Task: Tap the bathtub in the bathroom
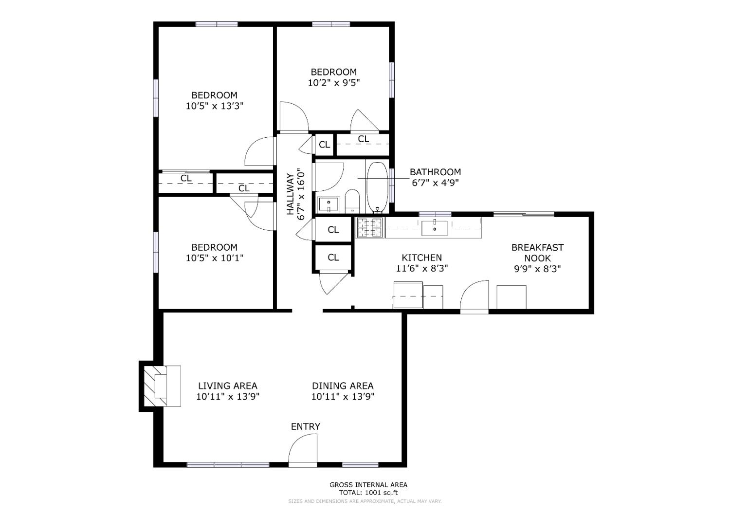click(377, 187)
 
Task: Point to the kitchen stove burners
click(369, 227)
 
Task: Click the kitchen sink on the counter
click(434, 227)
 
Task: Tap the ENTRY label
click(305, 426)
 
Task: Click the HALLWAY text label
click(291, 194)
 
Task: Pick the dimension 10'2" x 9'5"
click(334, 83)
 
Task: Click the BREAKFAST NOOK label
click(537, 253)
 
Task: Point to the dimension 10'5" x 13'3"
click(214, 106)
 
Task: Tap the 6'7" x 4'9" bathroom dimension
click(435, 183)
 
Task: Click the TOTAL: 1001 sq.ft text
click(368, 492)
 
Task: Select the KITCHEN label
click(421, 258)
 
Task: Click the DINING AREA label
click(343, 386)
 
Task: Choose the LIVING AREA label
click(227, 386)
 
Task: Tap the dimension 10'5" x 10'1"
click(214, 258)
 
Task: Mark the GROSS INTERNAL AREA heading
click(368, 484)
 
